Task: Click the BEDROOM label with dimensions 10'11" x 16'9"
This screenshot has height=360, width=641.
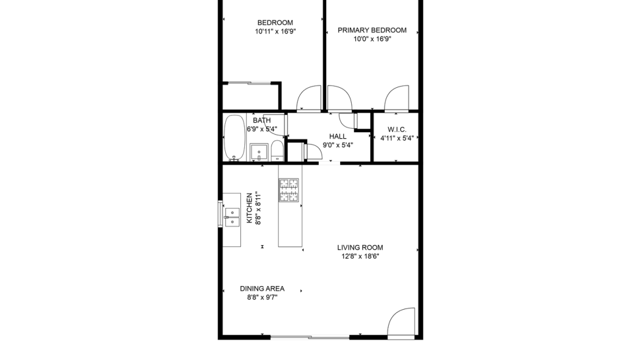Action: click(275, 23)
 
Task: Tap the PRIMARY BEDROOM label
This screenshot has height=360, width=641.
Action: click(372, 30)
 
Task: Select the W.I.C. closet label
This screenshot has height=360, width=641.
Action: click(397, 129)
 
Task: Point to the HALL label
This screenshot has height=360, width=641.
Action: click(338, 136)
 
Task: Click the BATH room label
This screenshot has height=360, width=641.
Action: click(262, 120)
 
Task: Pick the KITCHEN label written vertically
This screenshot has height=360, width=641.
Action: click(249, 208)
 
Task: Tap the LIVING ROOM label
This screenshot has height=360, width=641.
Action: click(360, 247)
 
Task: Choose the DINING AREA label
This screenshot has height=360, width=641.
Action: click(262, 288)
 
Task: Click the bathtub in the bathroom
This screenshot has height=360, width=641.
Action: click(234, 138)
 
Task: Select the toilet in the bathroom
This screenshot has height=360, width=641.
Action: click(277, 151)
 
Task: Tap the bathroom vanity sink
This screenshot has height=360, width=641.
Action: click(259, 152)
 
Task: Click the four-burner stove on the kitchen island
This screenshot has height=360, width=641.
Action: click(289, 190)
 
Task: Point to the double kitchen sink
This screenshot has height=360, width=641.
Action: click(232, 217)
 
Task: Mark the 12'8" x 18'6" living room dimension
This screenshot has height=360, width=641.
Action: click(360, 257)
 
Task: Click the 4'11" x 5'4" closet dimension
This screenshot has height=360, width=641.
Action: click(397, 138)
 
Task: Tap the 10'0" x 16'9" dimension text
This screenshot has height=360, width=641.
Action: click(372, 39)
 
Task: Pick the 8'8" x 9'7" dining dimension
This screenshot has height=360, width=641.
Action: click(262, 298)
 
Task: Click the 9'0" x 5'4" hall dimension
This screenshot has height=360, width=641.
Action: click(338, 145)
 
